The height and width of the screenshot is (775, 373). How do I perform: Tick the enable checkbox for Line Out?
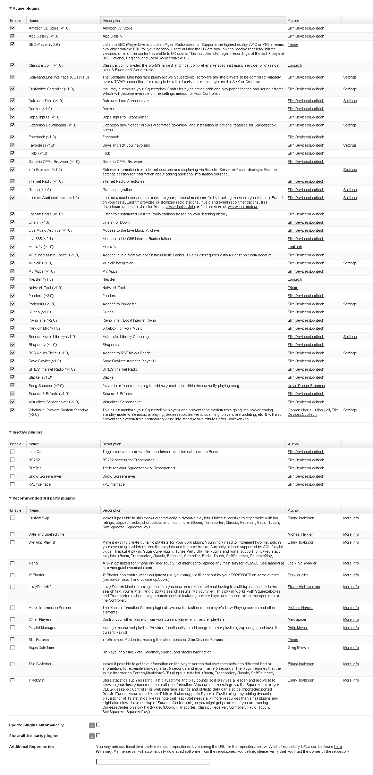(12, 452)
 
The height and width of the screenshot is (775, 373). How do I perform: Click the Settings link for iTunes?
(350, 190)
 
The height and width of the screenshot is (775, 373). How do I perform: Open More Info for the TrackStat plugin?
(351, 680)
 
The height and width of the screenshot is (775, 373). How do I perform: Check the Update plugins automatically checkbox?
(98, 725)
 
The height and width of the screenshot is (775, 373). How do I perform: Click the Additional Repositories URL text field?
(153, 762)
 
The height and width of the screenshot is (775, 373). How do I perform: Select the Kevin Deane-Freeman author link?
(306, 386)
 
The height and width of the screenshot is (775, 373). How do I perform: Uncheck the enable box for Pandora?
(12, 296)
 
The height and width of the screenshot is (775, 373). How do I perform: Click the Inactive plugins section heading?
(27, 432)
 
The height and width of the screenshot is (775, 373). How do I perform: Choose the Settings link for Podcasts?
(350, 304)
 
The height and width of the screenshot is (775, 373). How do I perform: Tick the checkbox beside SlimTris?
(12, 468)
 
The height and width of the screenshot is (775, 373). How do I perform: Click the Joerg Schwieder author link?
(302, 563)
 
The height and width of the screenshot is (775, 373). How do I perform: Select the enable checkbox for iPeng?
(12, 563)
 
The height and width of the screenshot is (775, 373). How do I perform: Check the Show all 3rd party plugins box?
(98, 735)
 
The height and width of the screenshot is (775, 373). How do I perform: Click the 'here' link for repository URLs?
(338, 747)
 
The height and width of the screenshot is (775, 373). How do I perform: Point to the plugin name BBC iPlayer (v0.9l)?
(44, 44)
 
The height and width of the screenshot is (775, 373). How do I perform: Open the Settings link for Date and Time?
(350, 101)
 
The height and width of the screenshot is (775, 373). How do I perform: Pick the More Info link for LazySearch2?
(351, 587)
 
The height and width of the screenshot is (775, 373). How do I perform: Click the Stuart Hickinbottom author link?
(304, 587)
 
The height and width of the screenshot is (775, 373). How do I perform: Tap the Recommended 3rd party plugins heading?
(43, 498)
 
